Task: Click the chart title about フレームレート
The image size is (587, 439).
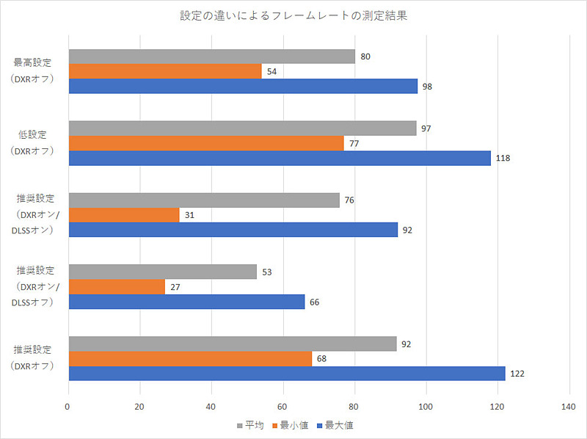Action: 293,15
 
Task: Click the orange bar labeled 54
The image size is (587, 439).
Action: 165,71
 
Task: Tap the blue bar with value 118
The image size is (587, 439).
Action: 280,158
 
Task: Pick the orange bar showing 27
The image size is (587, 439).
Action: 117,286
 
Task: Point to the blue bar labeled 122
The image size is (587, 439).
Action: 287,373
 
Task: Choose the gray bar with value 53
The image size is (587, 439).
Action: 163,272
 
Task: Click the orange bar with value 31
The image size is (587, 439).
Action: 124,215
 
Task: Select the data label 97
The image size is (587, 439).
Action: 426,128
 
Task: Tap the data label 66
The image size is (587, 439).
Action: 315,302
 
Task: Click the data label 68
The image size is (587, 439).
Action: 322,359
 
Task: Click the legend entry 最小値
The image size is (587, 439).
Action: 293,424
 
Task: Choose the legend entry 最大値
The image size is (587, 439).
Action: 340,424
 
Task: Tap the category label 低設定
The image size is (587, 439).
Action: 33,135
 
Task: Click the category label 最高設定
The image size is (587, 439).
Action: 33,63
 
